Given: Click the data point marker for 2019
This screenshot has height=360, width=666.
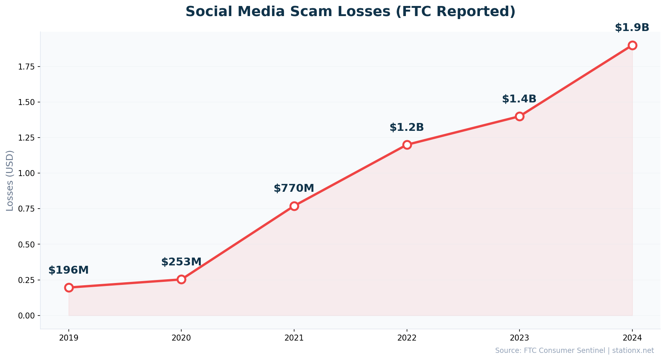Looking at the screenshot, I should [x=69, y=287].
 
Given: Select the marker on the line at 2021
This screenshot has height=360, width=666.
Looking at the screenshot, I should [x=294, y=206].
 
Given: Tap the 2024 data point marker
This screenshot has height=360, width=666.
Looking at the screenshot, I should [x=632, y=45].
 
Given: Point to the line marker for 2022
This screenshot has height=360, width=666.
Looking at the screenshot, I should [x=407, y=145].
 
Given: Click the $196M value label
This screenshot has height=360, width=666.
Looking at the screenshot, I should [x=69, y=270].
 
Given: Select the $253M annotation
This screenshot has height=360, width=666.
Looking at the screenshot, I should [x=181, y=262].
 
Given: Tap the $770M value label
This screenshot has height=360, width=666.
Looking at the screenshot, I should [x=294, y=188].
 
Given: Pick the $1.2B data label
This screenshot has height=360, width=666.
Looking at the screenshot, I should [x=407, y=127].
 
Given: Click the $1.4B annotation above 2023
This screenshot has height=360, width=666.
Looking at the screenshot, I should [x=519, y=99].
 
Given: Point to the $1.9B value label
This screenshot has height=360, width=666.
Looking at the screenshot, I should [x=632, y=28].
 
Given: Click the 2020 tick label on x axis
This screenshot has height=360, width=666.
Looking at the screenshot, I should [x=181, y=338].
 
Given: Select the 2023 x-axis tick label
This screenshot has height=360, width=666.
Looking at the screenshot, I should [x=519, y=338].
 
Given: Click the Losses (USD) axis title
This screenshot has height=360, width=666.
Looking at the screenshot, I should [x=10, y=181].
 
